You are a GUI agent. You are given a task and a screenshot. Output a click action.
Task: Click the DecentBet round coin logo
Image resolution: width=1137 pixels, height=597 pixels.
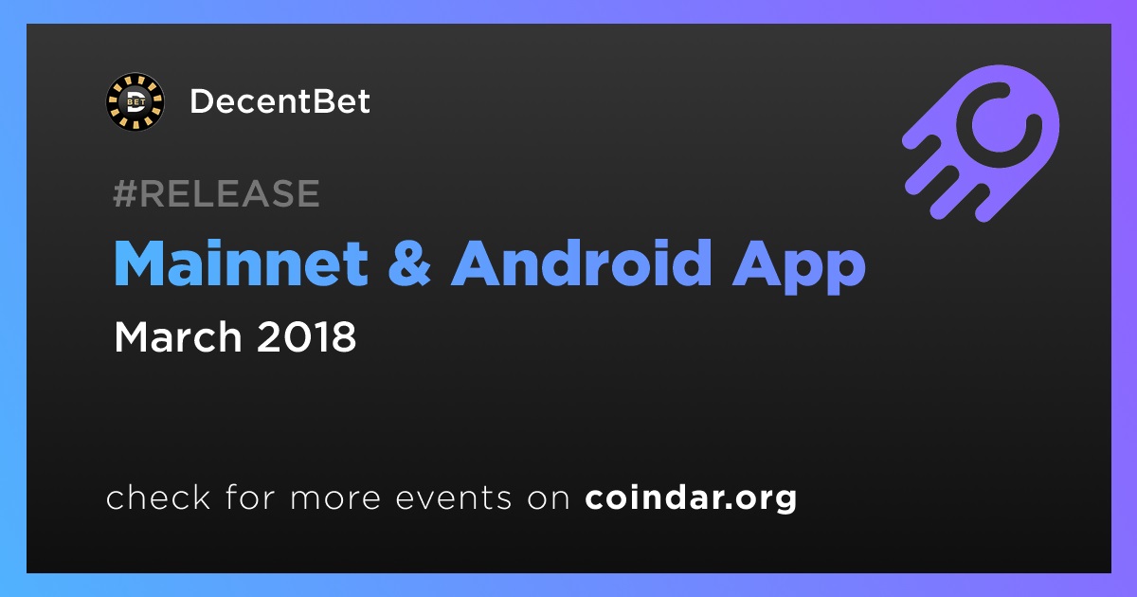(135, 101)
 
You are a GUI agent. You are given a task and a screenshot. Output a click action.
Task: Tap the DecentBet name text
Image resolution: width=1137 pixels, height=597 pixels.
(280, 101)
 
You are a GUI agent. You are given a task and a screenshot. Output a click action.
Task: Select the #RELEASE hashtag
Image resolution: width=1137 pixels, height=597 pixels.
(216, 193)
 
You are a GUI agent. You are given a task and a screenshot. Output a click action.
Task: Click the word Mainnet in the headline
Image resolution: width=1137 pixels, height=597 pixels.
(241, 263)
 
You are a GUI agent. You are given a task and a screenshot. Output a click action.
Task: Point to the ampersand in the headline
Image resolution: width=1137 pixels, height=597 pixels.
(410, 264)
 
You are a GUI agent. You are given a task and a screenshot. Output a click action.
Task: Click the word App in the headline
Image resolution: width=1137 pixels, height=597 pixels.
(799, 267)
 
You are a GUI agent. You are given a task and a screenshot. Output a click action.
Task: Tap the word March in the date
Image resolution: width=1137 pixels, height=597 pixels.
(178, 336)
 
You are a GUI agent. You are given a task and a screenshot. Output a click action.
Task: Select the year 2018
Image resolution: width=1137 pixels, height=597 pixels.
(307, 336)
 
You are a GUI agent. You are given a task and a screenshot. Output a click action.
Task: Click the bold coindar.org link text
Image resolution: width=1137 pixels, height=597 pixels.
(691, 498)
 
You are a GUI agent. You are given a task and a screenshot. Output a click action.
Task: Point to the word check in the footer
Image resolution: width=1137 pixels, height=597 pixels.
(158, 497)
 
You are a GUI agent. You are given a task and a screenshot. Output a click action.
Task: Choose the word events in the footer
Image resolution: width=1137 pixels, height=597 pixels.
(454, 498)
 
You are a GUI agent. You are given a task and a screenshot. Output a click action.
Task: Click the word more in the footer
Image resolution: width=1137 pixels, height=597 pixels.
(335, 498)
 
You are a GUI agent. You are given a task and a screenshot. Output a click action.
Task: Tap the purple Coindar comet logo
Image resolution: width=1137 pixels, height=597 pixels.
(981, 143)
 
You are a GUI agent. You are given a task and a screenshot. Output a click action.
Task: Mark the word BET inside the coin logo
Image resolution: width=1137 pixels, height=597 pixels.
(135, 102)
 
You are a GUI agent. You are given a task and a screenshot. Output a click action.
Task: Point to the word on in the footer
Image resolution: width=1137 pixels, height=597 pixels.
(549, 498)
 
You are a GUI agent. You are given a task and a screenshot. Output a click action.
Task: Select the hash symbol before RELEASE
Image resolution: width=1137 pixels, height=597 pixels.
(124, 193)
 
